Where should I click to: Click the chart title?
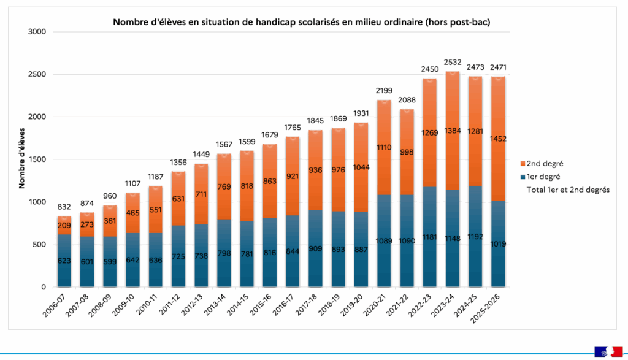[302, 22]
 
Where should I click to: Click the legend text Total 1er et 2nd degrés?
[568, 190]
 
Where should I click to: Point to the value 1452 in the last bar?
[498, 139]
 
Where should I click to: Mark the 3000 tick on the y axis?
[37, 31]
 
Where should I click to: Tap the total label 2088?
[407, 100]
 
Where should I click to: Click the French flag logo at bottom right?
[607, 352]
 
